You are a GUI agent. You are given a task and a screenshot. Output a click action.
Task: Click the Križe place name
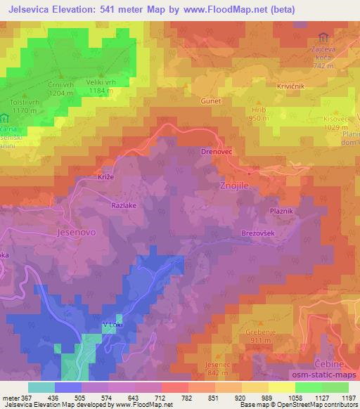click(x=104, y=178)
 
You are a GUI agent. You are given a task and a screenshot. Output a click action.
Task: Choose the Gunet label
click(x=212, y=100)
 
